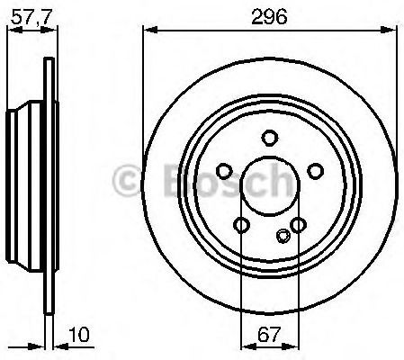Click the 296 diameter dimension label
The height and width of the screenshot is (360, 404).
pyautogui.click(x=269, y=16)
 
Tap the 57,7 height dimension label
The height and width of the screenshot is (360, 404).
pyautogui.click(x=31, y=17)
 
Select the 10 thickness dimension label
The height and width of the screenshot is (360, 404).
pyautogui.click(x=79, y=334)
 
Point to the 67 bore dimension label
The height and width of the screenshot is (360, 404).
pyautogui.click(x=269, y=334)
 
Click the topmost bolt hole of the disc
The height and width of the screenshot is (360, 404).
pyautogui.click(x=270, y=138)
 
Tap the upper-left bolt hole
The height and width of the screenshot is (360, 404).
pyautogui.click(x=224, y=171)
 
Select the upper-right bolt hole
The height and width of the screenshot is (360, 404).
pyautogui.click(x=316, y=171)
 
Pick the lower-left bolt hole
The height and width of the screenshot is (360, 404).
pyautogui.click(x=241, y=225)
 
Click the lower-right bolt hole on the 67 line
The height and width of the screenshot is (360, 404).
pyautogui.click(x=299, y=225)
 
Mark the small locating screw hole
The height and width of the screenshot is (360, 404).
pyautogui.click(x=283, y=236)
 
